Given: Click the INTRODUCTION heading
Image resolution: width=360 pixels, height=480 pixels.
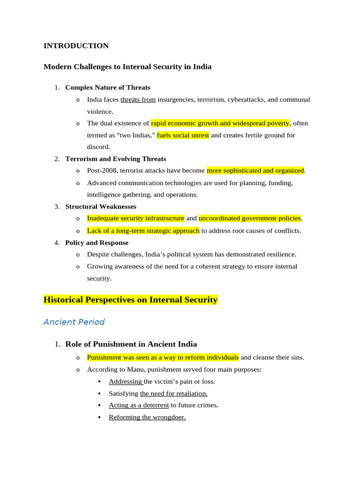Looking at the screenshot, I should click(x=76, y=46).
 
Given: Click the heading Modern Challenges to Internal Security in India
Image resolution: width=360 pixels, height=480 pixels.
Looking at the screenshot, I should click(x=127, y=67).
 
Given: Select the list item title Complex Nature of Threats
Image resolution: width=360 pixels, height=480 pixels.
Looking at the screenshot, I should click(x=108, y=87).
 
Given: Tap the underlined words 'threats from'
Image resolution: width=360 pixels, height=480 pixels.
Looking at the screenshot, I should click(x=138, y=99).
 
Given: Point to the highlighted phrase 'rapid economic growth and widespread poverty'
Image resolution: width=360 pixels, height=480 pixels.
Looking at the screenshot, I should click(x=220, y=123).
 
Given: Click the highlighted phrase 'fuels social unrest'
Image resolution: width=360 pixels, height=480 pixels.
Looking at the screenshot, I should click(x=183, y=135).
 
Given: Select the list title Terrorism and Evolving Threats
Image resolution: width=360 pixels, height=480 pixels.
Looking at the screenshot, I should click(x=115, y=159).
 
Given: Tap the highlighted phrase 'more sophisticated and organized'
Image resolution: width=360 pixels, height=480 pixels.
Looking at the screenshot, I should click(x=255, y=171).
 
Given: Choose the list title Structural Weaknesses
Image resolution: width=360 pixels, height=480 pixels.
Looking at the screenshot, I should click(x=101, y=206).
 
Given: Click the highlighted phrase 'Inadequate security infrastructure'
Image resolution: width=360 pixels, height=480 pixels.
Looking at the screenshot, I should click(x=135, y=218).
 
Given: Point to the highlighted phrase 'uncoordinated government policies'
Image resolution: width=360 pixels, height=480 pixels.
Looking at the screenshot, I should click(x=250, y=218).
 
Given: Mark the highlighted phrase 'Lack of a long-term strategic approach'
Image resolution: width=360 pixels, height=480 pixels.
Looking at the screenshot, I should click(x=143, y=231).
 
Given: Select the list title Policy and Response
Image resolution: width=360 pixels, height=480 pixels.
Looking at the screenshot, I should click(x=97, y=243).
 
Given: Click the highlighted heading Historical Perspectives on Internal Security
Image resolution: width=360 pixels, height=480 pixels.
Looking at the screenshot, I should click(x=131, y=300).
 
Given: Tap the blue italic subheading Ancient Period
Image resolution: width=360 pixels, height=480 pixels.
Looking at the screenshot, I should click(x=74, y=322).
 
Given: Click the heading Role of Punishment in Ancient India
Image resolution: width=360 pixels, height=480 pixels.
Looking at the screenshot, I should click(x=131, y=344).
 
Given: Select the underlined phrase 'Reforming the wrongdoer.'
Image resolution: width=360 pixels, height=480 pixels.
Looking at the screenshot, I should click(x=147, y=417).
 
